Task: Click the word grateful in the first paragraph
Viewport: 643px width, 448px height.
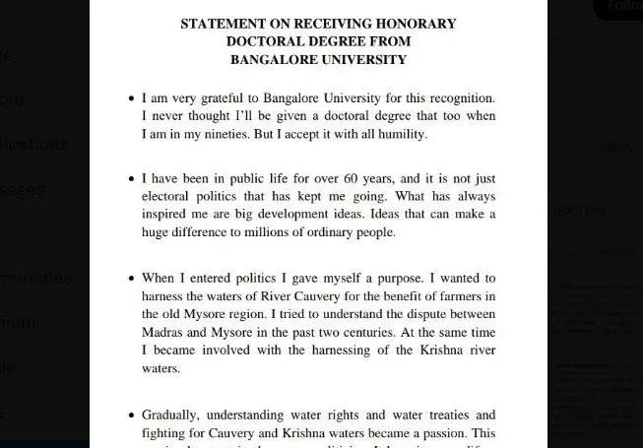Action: [x=224, y=98]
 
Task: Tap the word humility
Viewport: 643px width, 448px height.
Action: [x=402, y=134]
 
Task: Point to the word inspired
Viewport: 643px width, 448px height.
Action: [x=168, y=215]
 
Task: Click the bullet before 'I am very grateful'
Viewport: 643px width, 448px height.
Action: [x=131, y=99]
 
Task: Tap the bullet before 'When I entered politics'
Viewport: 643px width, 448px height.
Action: [x=131, y=280]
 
